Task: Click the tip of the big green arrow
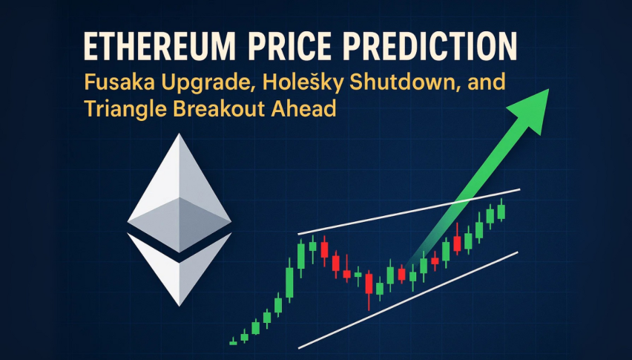[545, 92]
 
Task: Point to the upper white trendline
[408, 212]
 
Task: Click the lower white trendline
[408, 299]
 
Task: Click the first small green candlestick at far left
[233, 342]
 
